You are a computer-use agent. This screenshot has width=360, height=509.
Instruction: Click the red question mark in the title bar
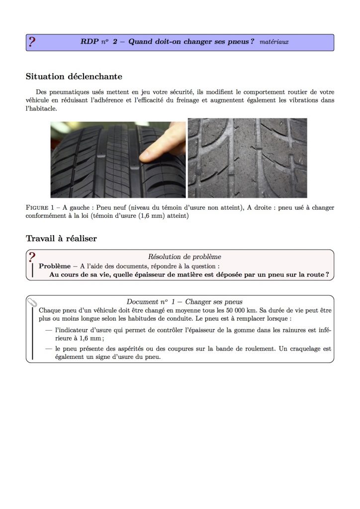[x=32, y=42]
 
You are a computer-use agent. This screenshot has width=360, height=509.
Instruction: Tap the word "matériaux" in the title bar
[x=274, y=42]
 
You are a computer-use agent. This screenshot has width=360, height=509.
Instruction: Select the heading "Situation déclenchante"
[x=74, y=77]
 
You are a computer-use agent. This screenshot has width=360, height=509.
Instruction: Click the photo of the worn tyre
[x=247, y=158]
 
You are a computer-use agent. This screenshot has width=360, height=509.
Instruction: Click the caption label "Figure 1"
[x=42, y=208]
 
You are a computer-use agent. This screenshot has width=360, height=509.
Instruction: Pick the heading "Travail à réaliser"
[x=61, y=239]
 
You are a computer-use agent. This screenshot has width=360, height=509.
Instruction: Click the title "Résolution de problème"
[x=184, y=257]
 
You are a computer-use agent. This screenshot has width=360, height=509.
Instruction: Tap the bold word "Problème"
[x=55, y=266]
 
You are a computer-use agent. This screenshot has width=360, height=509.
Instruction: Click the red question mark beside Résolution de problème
[x=32, y=257]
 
